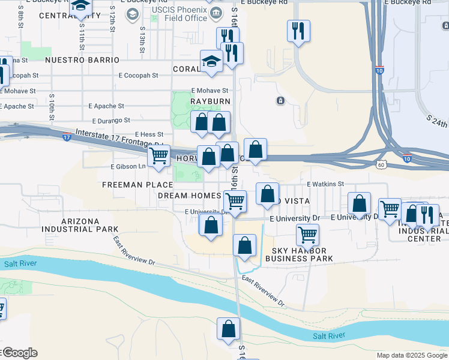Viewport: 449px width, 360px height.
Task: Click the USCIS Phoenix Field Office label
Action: click(x=179, y=14)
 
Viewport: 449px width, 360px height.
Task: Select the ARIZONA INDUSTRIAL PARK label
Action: click(x=80, y=225)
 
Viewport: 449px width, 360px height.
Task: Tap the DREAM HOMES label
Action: click(x=189, y=196)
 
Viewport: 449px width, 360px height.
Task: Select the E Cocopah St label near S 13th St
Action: click(x=138, y=76)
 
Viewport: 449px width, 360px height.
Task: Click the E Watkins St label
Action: click(x=325, y=184)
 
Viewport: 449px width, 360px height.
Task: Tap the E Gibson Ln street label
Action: click(x=128, y=167)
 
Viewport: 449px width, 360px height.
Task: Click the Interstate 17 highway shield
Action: click(x=66, y=137)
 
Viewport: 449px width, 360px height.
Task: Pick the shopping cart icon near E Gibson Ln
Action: click(x=158, y=155)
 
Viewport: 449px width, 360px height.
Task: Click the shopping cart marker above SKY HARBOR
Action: click(x=308, y=235)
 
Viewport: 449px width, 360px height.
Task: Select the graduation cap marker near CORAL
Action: click(x=211, y=62)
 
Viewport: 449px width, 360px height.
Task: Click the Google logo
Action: click(x=19, y=353)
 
